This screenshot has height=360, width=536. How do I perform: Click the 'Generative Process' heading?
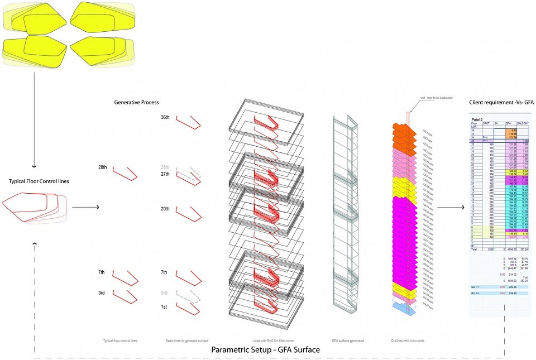pos(136,103)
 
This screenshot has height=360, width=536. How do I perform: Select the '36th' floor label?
pos(165,118)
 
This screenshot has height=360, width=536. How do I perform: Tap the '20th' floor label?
pos(165,209)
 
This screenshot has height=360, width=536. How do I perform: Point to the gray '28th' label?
pos(165,167)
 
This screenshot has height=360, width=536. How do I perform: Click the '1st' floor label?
pos(165,307)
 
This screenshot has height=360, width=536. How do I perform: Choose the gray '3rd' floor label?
pos(164,292)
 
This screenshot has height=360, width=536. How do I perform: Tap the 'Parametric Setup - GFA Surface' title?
pos(266,350)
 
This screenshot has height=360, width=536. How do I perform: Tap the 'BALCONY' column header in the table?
pos(523,123)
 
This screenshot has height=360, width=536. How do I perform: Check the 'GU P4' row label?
pos(476,293)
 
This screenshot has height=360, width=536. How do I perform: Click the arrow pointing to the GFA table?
pos(451,208)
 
